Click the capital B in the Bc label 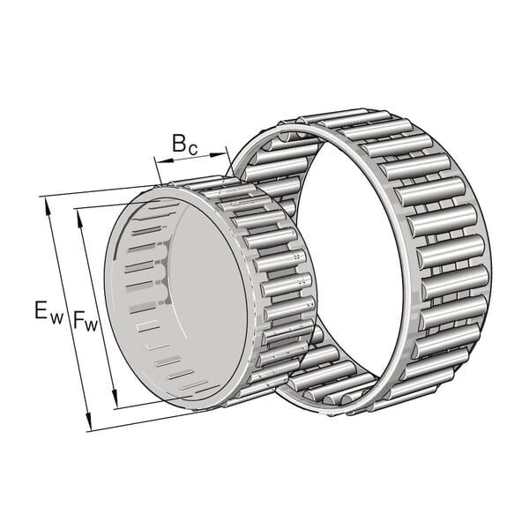click(179, 143)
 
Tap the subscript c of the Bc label click(193, 150)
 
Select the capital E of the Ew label click(41, 310)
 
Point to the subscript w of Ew click(56, 318)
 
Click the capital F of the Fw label click(78, 319)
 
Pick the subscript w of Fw click(91, 326)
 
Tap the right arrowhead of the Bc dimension click(217, 155)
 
